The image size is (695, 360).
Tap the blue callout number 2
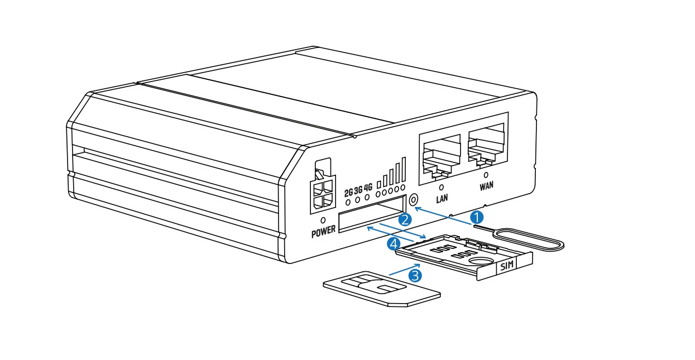point(406,219)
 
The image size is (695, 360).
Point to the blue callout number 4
point(394,243)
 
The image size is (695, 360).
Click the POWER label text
point(324,230)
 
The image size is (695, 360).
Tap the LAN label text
point(442,198)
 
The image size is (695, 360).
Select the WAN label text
point(487,186)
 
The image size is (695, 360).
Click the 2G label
point(349,193)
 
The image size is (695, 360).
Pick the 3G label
point(358,190)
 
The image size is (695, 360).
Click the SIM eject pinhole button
point(414,199)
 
